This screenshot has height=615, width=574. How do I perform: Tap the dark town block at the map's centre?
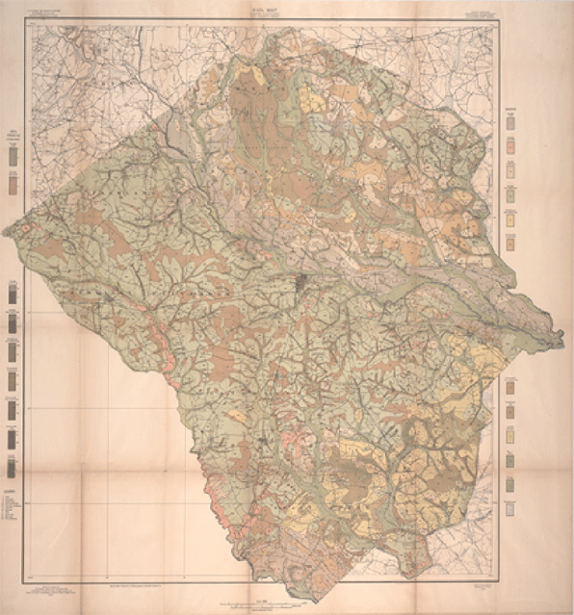(300, 283)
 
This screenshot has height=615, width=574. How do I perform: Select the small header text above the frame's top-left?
(43, 13)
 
